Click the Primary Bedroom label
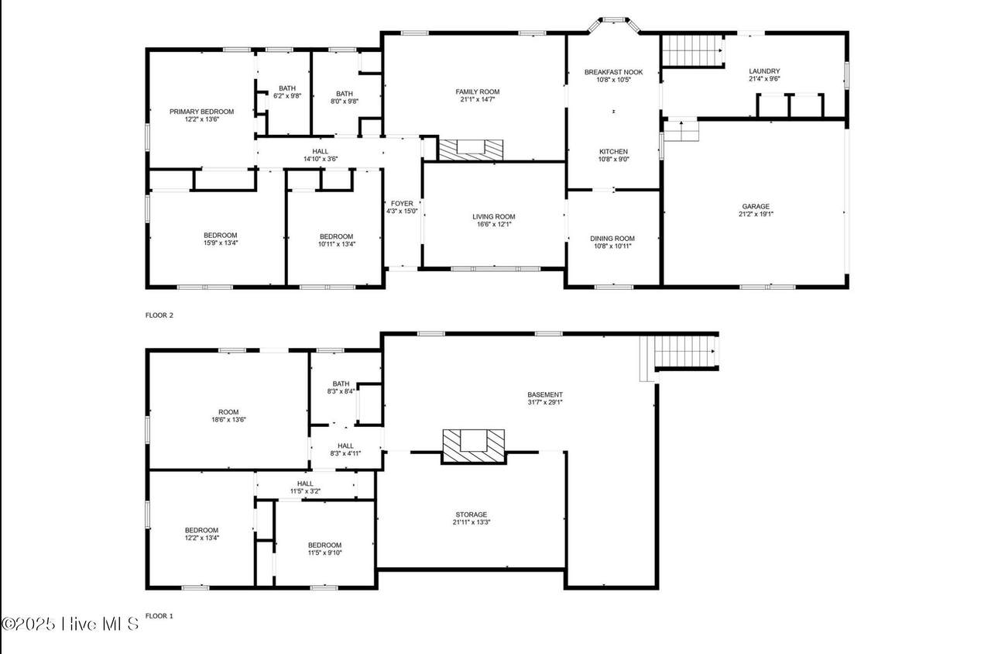click(202, 112)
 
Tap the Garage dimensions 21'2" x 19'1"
click(756, 214)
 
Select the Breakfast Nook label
click(614, 72)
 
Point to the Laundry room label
click(764, 71)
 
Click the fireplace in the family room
click(471, 150)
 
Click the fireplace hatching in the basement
click(474, 446)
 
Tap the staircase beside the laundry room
click(692, 50)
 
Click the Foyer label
click(402, 204)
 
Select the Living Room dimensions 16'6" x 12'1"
click(494, 225)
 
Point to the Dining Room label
click(612, 239)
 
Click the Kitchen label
click(614, 151)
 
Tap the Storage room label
click(471, 515)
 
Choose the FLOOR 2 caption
click(159, 315)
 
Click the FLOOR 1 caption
click(159, 616)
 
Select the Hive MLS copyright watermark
click(70, 624)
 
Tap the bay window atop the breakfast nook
click(614, 23)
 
